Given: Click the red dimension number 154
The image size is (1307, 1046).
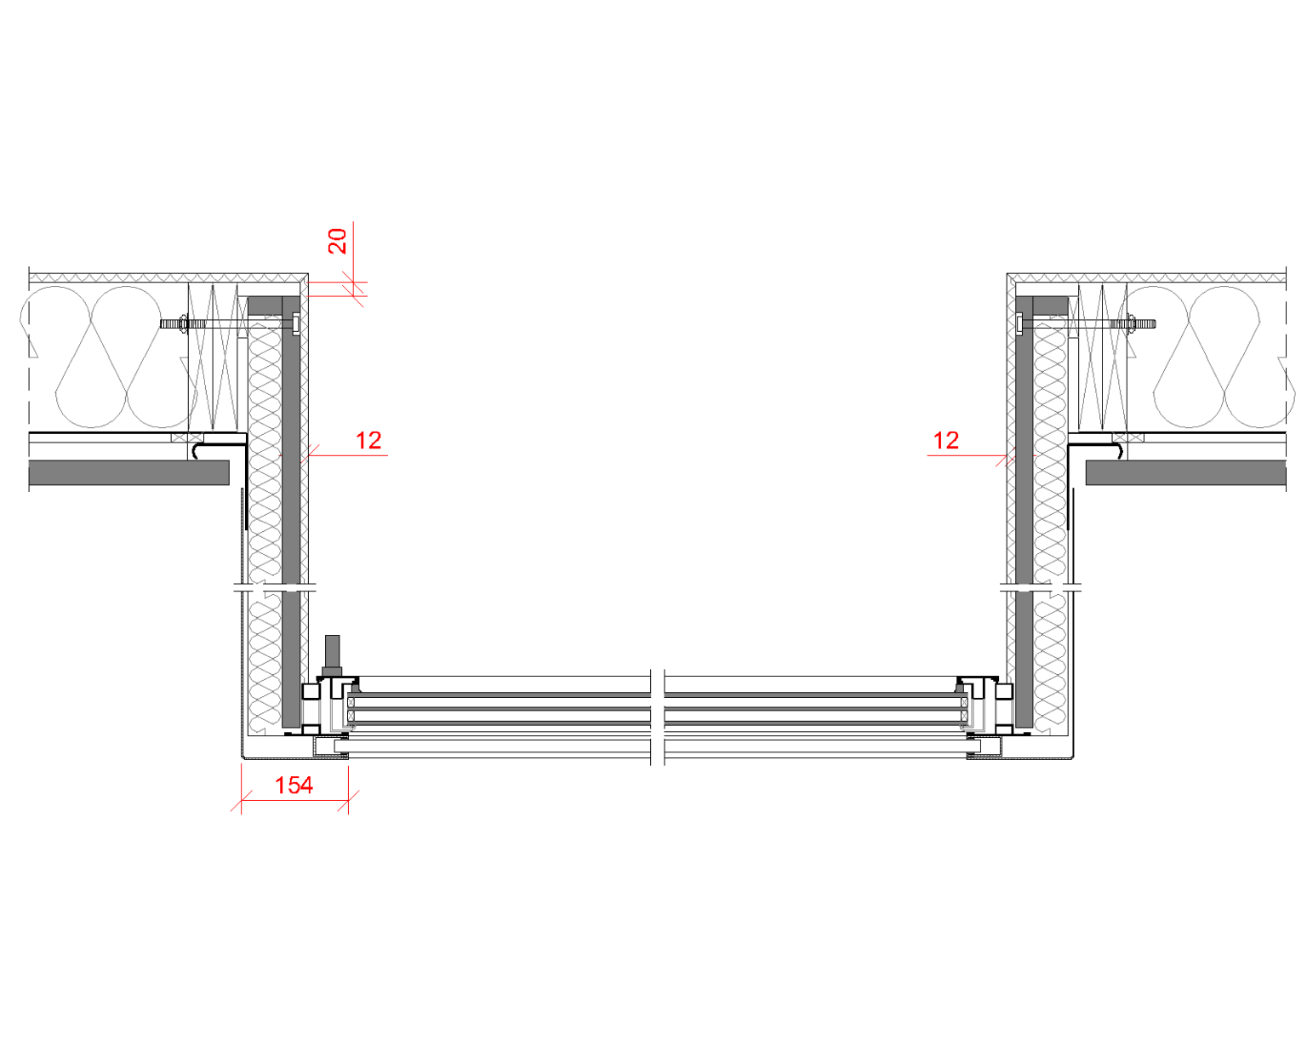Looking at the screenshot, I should click(294, 786).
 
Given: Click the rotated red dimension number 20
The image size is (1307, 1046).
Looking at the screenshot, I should click(339, 240).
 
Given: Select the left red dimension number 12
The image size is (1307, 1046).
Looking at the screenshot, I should click(368, 441).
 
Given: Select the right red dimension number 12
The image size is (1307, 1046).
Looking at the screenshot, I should click(946, 441).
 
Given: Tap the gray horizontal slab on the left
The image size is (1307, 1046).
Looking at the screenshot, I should click(128, 473).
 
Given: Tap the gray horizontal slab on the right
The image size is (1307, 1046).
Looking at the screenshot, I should click(1185, 473).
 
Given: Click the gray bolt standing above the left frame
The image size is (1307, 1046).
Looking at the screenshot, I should click(332, 655).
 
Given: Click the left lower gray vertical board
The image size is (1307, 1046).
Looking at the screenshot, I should click(291, 660).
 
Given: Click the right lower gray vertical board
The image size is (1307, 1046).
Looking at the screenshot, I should click(1024, 660).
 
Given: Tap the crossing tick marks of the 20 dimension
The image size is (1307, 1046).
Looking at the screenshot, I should click(353, 289).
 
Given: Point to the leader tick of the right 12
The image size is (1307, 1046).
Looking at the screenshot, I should click(1009, 460).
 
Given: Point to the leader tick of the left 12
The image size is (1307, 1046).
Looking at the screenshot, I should click(308, 451).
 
